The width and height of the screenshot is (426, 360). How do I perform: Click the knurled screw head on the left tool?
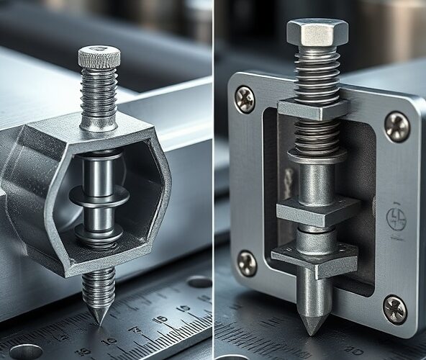click(x=99, y=56)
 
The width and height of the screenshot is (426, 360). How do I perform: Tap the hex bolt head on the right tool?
click(x=317, y=31)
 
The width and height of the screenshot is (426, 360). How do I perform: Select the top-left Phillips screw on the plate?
click(x=245, y=99)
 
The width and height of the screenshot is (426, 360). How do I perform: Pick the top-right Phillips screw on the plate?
click(x=396, y=126)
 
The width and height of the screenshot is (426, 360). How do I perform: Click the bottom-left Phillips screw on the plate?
click(x=247, y=264)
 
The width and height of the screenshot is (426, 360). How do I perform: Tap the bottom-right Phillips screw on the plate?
click(x=394, y=310)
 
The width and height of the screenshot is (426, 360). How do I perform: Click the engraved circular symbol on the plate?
click(x=396, y=217)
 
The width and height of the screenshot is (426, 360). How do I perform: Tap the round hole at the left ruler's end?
click(x=26, y=351)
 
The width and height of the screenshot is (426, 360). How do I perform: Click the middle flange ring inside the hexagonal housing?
click(x=99, y=196)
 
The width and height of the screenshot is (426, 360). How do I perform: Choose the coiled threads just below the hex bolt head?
click(x=317, y=72)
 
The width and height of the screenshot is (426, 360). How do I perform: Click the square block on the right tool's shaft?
click(x=317, y=212)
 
